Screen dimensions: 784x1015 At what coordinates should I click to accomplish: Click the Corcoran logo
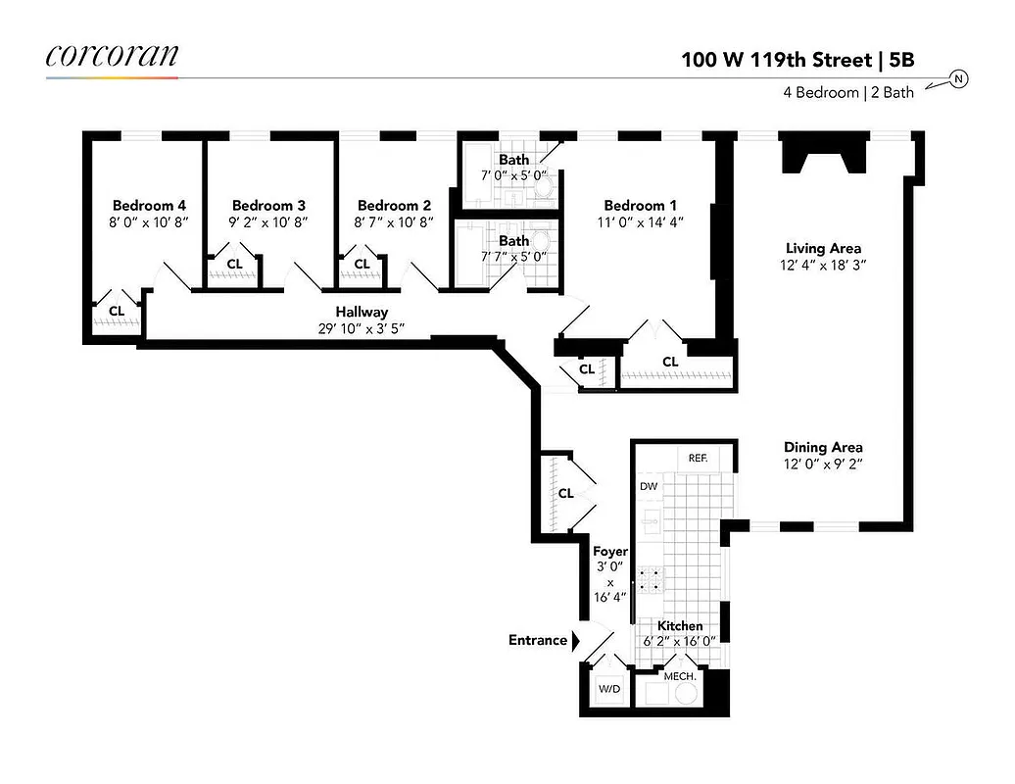click(112, 56)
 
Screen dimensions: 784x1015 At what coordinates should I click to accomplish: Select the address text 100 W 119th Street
click(775, 59)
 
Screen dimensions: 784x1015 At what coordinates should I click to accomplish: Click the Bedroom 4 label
click(149, 205)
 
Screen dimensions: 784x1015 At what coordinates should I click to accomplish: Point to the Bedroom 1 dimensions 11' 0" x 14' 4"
click(640, 221)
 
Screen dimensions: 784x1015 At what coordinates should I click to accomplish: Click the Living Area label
click(823, 248)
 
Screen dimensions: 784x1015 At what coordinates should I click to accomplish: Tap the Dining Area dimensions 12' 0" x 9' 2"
click(823, 465)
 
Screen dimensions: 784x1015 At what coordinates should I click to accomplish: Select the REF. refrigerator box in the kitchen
click(699, 458)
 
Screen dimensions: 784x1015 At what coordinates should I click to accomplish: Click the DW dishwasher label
click(649, 486)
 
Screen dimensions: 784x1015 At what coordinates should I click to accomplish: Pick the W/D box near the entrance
click(609, 689)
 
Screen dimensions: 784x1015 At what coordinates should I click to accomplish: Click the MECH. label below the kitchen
click(680, 677)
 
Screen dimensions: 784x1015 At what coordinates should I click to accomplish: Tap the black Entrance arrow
click(576, 640)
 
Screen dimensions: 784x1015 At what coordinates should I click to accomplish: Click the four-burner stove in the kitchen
click(648, 579)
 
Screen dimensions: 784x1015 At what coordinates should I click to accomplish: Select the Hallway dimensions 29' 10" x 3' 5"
click(362, 328)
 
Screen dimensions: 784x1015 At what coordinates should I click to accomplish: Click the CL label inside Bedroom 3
click(235, 264)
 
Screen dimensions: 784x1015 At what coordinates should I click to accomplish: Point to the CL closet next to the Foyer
click(565, 493)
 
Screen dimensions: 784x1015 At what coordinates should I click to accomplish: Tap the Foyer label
click(609, 552)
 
